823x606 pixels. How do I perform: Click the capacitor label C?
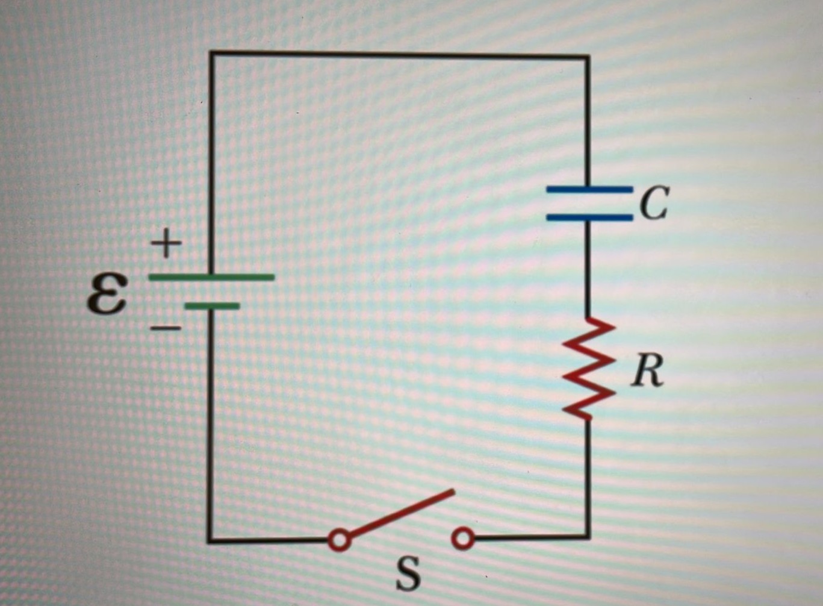tap(654, 203)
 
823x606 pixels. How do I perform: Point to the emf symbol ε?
tap(107, 293)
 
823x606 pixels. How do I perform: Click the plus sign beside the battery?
tap(166, 245)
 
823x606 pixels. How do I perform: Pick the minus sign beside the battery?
tap(165, 329)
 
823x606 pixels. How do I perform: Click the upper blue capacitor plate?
tap(589, 190)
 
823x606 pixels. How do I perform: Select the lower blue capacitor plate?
tap(589, 217)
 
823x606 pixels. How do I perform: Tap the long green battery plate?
tap(211, 278)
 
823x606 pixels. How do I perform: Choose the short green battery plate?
tap(212, 306)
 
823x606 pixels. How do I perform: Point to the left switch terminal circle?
tap(340, 540)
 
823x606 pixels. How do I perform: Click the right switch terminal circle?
tap(462, 539)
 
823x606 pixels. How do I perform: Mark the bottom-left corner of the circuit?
tap(210, 540)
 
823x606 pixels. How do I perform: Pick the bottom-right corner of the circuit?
tap(588, 536)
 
